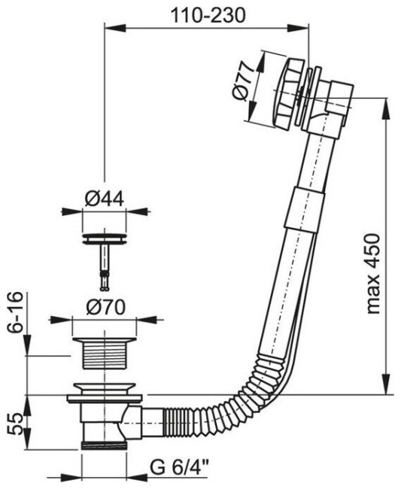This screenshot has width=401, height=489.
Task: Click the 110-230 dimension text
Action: click(208, 15)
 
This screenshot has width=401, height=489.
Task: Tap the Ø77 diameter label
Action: click(243, 82)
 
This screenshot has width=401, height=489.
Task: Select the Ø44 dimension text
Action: click(104, 198)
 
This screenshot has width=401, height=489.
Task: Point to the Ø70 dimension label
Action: click(105, 308)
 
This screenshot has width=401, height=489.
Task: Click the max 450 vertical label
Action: click(373, 273)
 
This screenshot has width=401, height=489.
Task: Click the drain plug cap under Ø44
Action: click(104, 238)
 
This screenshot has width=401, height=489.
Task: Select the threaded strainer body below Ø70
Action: click(104, 353)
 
